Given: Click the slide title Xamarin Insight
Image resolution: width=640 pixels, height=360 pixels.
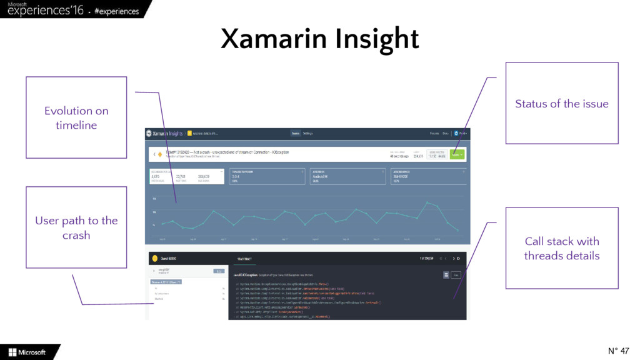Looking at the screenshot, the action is (319, 39).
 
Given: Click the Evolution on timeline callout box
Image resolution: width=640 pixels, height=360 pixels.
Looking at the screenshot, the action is (76, 118).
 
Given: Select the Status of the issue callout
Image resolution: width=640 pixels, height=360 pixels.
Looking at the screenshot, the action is (561, 104).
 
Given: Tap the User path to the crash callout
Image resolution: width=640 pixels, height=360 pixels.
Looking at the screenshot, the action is (76, 227).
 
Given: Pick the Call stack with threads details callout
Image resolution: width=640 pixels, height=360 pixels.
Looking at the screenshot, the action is (561, 248).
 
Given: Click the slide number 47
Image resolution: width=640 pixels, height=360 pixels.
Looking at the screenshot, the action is (618, 350).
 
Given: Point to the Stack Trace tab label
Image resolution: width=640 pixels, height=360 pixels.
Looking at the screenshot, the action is (243, 258).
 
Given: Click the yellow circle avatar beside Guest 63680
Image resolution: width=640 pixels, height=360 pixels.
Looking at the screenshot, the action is (152, 258).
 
